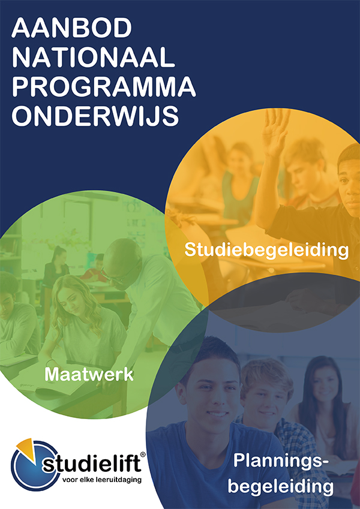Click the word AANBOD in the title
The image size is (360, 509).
(x=71, y=28)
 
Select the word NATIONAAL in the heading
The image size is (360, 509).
(x=93, y=58)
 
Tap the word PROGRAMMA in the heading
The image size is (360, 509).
(x=104, y=86)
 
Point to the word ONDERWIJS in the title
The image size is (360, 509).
(x=95, y=116)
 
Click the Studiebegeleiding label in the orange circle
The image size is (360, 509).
(x=266, y=251)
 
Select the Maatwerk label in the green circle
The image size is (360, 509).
(x=89, y=374)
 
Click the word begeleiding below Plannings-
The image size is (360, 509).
(x=281, y=486)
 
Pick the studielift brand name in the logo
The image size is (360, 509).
(x=92, y=463)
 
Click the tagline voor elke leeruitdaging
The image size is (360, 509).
(x=101, y=480)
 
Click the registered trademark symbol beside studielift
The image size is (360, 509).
(x=142, y=455)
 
